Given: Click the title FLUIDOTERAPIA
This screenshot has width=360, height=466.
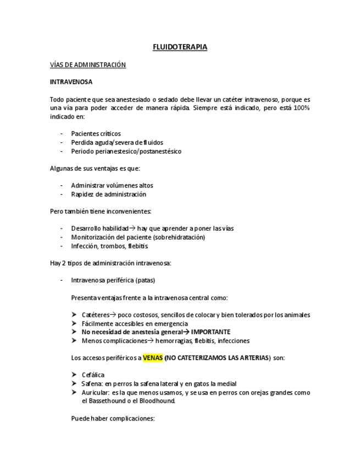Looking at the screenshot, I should [180, 47].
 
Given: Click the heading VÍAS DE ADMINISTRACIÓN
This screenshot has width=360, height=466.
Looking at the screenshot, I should [87, 65].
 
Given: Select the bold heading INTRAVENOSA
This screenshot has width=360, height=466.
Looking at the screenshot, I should [71, 82].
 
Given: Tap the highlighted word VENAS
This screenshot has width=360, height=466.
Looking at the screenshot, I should [152, 358].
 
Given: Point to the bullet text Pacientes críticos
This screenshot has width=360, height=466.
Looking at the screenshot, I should [96, 134].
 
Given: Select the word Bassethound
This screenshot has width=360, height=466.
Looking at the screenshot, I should [106, 401].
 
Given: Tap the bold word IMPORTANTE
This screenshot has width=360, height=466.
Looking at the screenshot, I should [211, 332].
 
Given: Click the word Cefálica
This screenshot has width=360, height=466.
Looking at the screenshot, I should [93, 375].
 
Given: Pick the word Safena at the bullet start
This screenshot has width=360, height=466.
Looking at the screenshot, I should [91, 384].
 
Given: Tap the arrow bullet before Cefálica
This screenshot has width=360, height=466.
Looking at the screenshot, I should [74, 375].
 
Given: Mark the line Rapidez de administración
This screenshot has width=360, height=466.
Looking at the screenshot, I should [108, 194].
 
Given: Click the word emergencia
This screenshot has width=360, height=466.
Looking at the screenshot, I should [171, 324].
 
